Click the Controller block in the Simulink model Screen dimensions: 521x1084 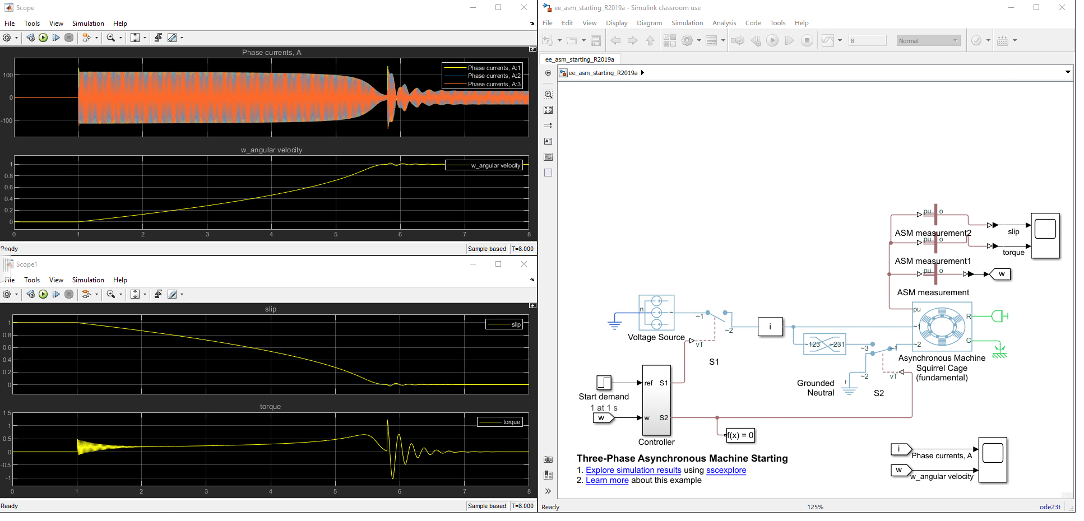pyautogui.click(x=656, y=400)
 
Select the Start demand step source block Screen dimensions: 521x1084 pyautogui.click(x=604, y=383)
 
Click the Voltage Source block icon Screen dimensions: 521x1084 pyautogui.click(x=656, y=313)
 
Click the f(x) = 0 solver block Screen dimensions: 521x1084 pyautogui.click(x=740, y=435)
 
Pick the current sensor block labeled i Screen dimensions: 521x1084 pyautogui.click(x=770, y=327)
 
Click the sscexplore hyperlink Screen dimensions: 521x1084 pyautogui.click(x=726, y=470)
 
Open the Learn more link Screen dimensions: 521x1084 pyautogui.click(x=607, y=480)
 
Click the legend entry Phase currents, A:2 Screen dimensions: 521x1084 pyautogui.click(x=494, y=76)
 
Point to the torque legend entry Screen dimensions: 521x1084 pyautogui.click(x=511, y=422)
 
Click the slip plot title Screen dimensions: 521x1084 pyautogui.click(x=271, y=309)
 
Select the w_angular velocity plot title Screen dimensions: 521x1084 pyautogui.click(x=271, y=150)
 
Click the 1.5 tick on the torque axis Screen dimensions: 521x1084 pyautogui.click(x=7, y=413)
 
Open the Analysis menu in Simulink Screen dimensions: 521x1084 pyautogui.click(x=724, y=23)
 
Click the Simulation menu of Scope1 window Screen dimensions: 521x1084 pyautogui.click(x=88, y=280)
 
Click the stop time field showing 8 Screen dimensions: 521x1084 pyautogui.click(x=867, y=40)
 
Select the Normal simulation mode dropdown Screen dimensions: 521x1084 pyautogui.click(x=928, y=40)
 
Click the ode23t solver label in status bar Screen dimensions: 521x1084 pyautogui.click(x=1050, y=506)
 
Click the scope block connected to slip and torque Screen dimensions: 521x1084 pyautogui.click(x=1045, y=235)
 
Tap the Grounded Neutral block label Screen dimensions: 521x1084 pyautogui.click(x=816, y=388)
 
